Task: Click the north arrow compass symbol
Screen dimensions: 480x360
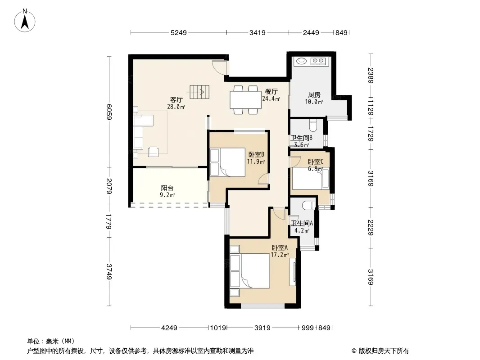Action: click(25, 21)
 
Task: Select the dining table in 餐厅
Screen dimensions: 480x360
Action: click(245, 100)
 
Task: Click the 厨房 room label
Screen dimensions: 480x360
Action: click(314, 95)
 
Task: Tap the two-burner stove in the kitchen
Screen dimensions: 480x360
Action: click(318, 61)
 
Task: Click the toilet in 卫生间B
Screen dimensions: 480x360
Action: click(313, 126)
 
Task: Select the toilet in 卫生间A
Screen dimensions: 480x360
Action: click(308, 205)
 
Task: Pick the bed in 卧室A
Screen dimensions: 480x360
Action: click(250, 271)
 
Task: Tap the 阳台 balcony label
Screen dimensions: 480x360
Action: click(167, 188)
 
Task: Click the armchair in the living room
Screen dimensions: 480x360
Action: click(154, 152)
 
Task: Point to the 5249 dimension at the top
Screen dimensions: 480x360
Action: click(178, 32)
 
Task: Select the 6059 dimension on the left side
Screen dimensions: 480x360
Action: click(109, 112)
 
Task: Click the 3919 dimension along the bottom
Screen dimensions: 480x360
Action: click(263, 328)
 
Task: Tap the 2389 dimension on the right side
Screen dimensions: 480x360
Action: click(371, 75)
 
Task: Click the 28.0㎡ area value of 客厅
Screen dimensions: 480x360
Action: click(176, 107)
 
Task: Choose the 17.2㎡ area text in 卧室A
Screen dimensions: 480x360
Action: click(280, 255)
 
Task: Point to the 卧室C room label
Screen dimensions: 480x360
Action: click(315, 162)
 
